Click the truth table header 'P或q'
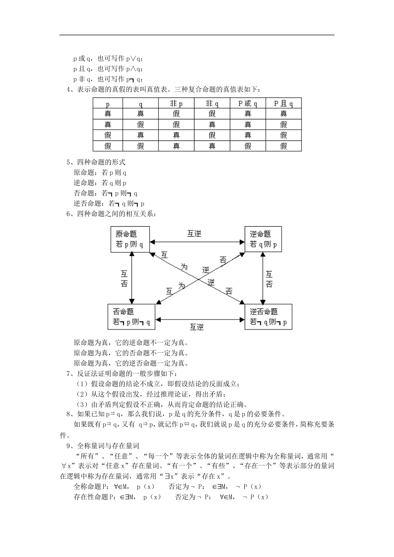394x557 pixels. click(248, 103)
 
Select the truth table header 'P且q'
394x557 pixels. click(284, 103)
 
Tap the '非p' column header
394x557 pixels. click(176, 103)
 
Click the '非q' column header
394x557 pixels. click(212, 103)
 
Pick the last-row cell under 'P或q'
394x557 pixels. click(248, 146)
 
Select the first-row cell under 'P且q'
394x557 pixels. click(284, 114)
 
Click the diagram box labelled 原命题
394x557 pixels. click(130, 239)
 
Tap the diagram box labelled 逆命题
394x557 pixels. click(263, 239)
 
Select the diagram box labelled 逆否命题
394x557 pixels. click(268, 317)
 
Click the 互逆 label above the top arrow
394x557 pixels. click(194, 234)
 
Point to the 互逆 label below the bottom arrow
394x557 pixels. click(197, 327)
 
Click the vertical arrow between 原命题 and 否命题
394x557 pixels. click(132, 278)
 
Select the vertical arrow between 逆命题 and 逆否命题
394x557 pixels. click(262, 278)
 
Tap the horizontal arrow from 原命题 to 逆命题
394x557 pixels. click(197, 242)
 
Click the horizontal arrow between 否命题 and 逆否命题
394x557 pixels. click(200, 320)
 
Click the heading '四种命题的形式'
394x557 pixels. click(101, 162)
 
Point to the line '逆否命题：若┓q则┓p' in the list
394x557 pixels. click(109, 203)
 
